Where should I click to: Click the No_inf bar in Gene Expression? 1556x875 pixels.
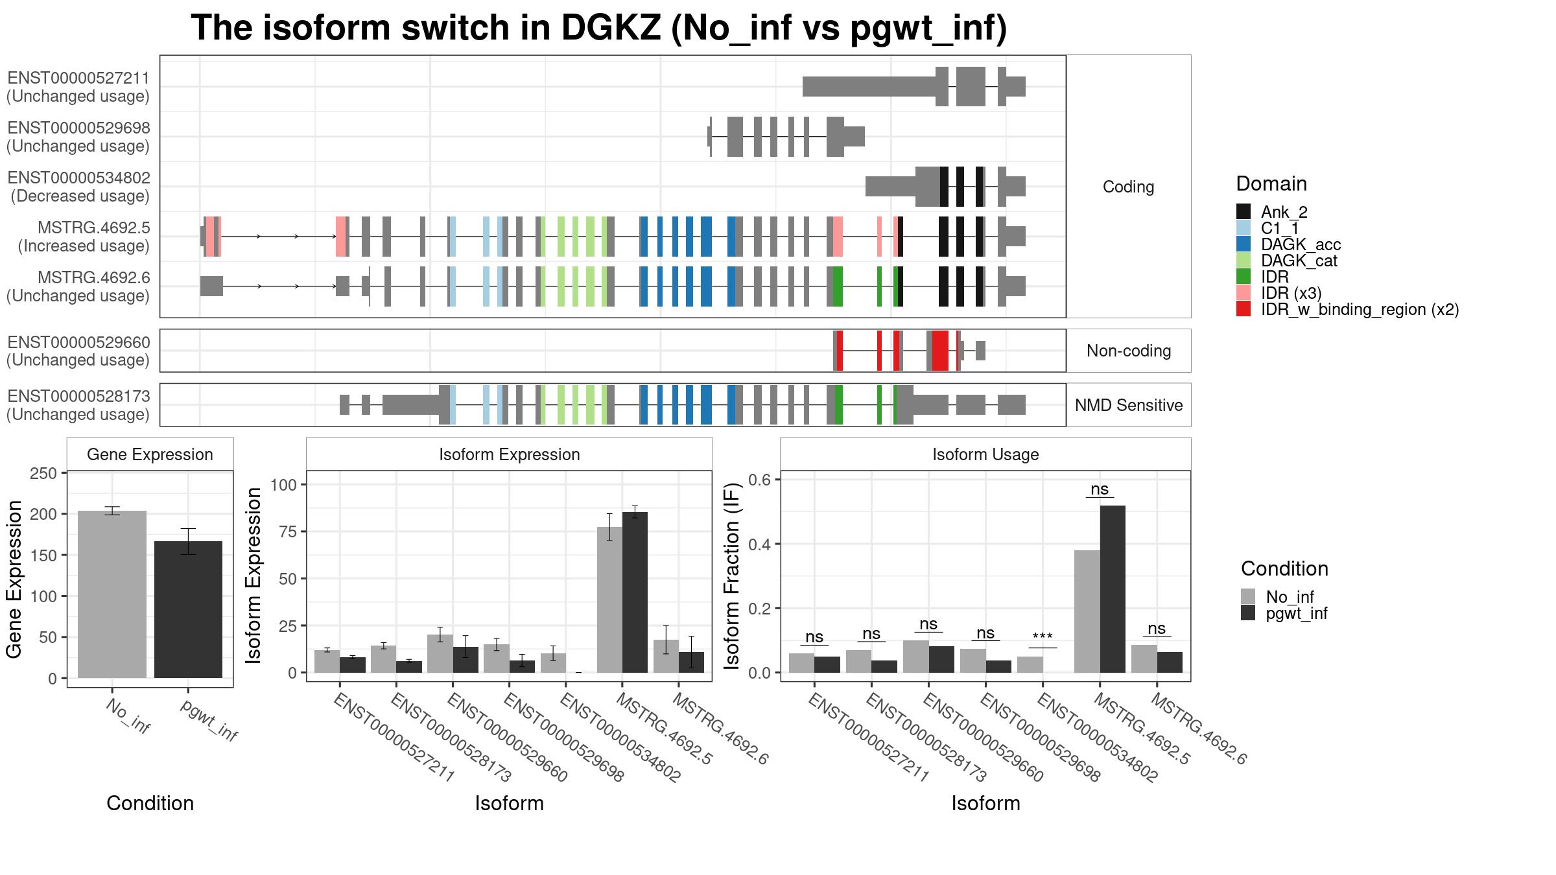coord(112,594)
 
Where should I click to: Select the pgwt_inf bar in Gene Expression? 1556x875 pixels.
coord(188,609)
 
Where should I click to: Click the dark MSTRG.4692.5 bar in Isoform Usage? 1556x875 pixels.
coord(1113,589)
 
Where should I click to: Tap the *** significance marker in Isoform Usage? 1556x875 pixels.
coord(1043,638)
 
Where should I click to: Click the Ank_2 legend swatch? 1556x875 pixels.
coord(1244,211)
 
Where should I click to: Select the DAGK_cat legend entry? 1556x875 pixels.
coord(1287,261)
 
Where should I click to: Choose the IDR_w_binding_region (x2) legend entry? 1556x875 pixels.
coord(1347,309)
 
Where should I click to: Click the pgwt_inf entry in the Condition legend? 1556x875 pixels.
coord(1284,613)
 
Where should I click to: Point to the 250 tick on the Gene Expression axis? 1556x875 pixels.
coord(43,473)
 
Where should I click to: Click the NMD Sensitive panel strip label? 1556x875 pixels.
coord(1129,405)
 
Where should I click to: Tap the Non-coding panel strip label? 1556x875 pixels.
coord(1129,351)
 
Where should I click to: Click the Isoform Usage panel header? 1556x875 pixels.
coord(985,454)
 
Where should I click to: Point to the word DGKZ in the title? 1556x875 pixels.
coord(611,28)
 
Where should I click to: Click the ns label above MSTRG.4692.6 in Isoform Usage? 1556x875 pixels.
coord(1157,628)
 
